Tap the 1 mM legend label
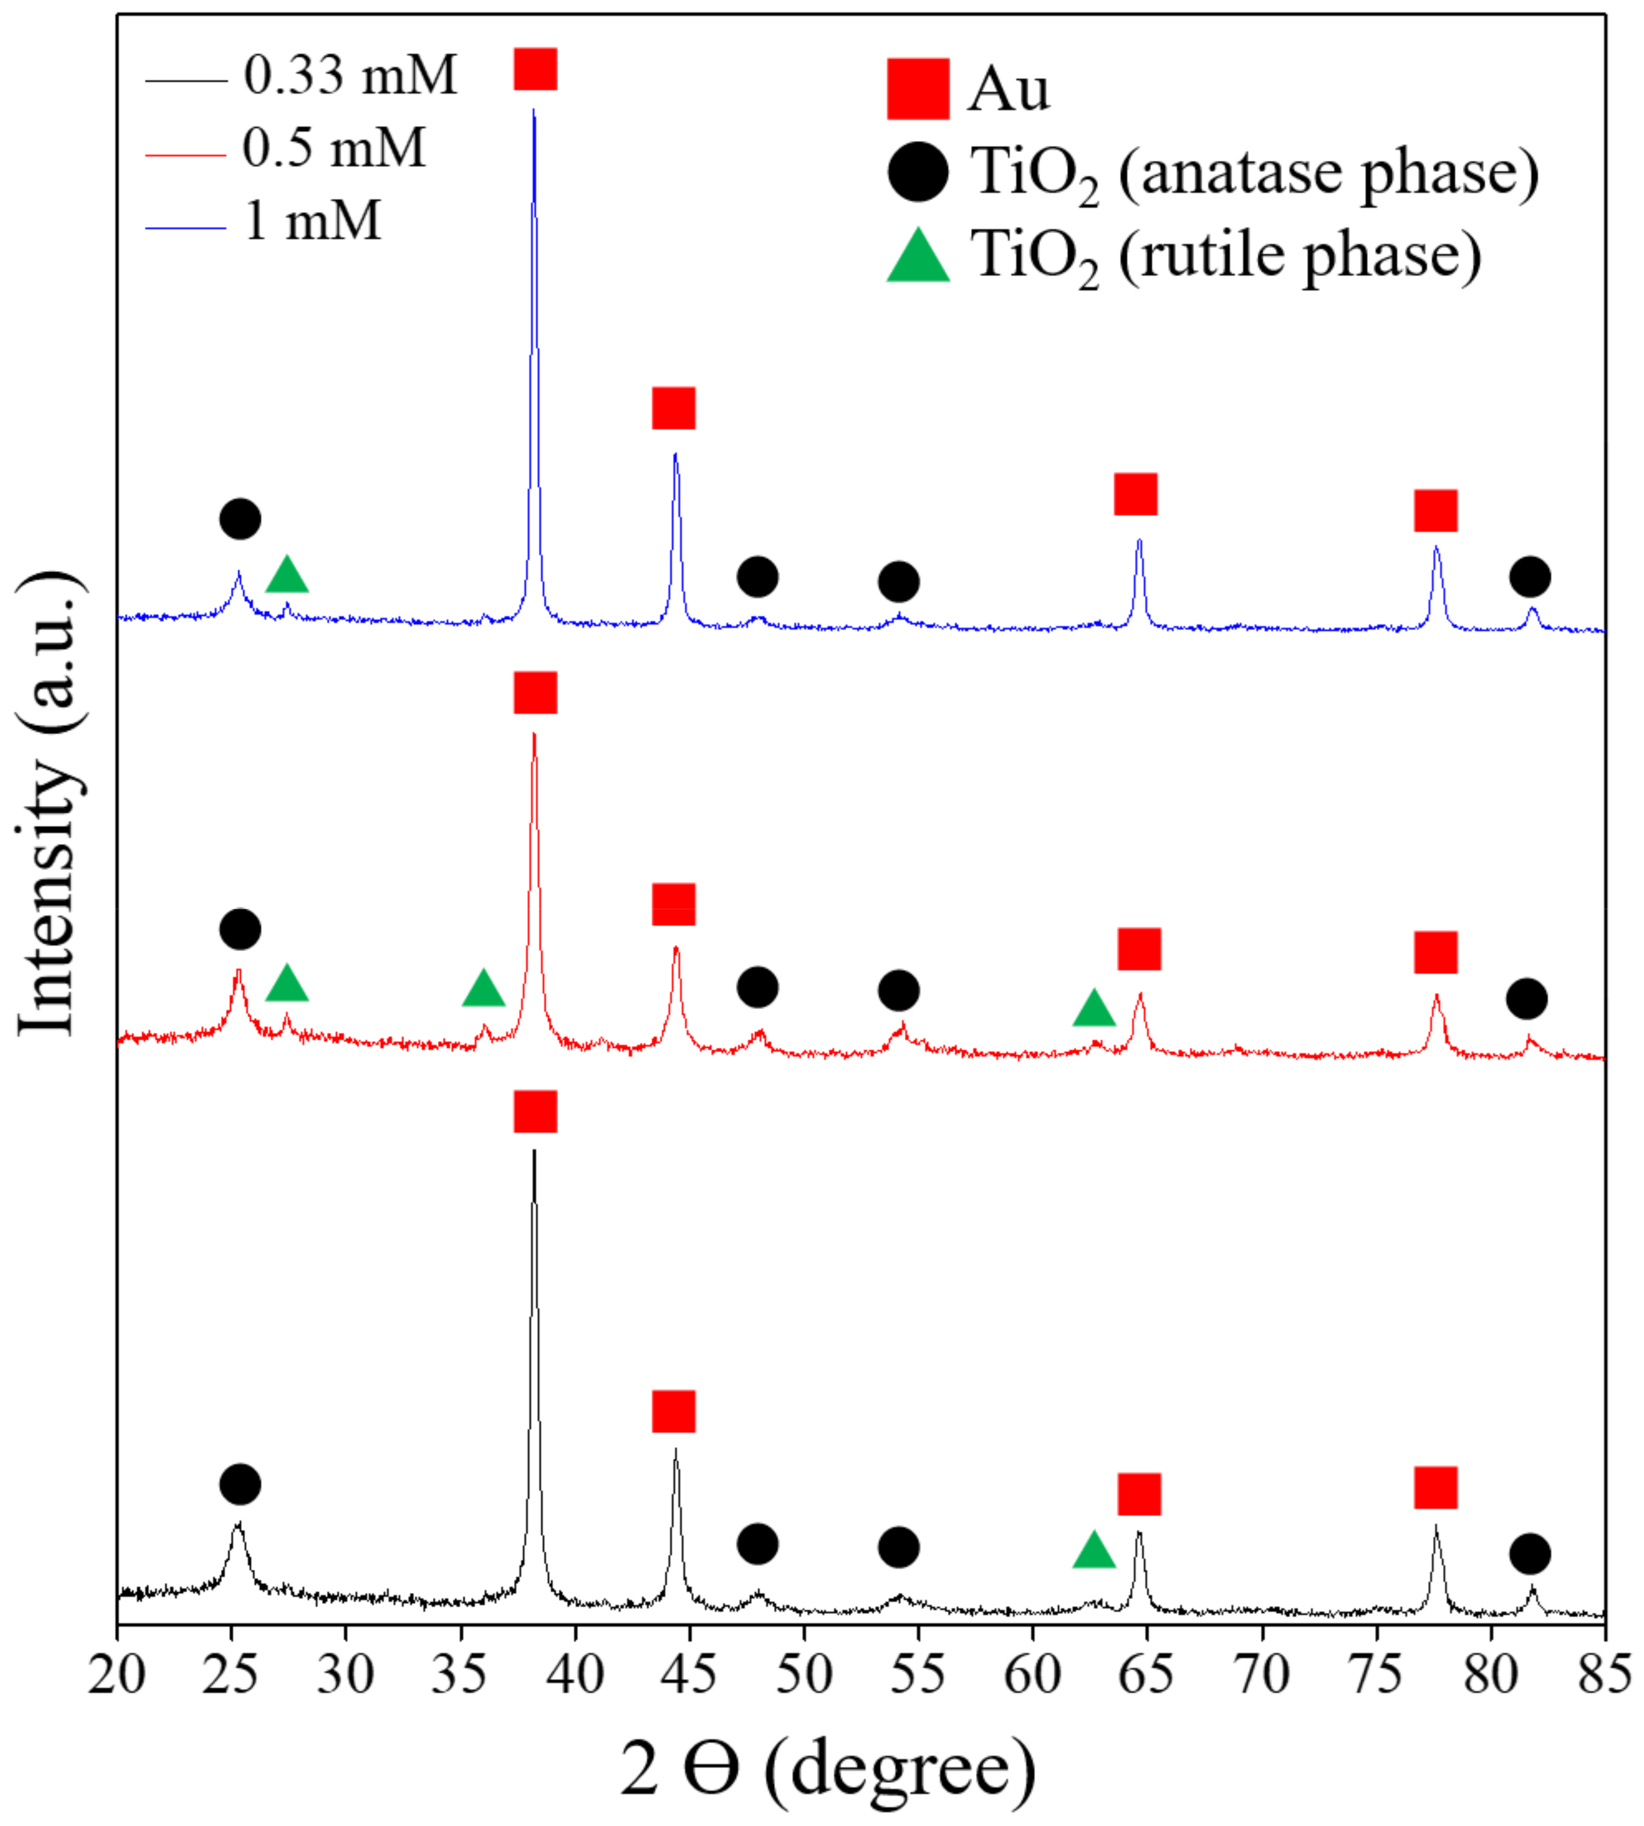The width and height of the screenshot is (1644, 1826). pos(313,220)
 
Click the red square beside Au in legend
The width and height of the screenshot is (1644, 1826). pos(918,89)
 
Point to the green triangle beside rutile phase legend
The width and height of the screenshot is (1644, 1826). pos(918,256)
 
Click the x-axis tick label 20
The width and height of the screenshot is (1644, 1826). pos(116,1676)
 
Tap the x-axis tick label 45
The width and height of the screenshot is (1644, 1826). pos(689,1676)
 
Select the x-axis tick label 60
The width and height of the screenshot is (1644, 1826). pos(1033,1676)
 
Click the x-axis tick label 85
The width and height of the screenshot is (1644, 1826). pos(1604,1676)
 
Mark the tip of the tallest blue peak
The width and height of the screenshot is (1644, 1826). pos(534,110)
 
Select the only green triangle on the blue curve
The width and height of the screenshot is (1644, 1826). pos(287,575)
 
